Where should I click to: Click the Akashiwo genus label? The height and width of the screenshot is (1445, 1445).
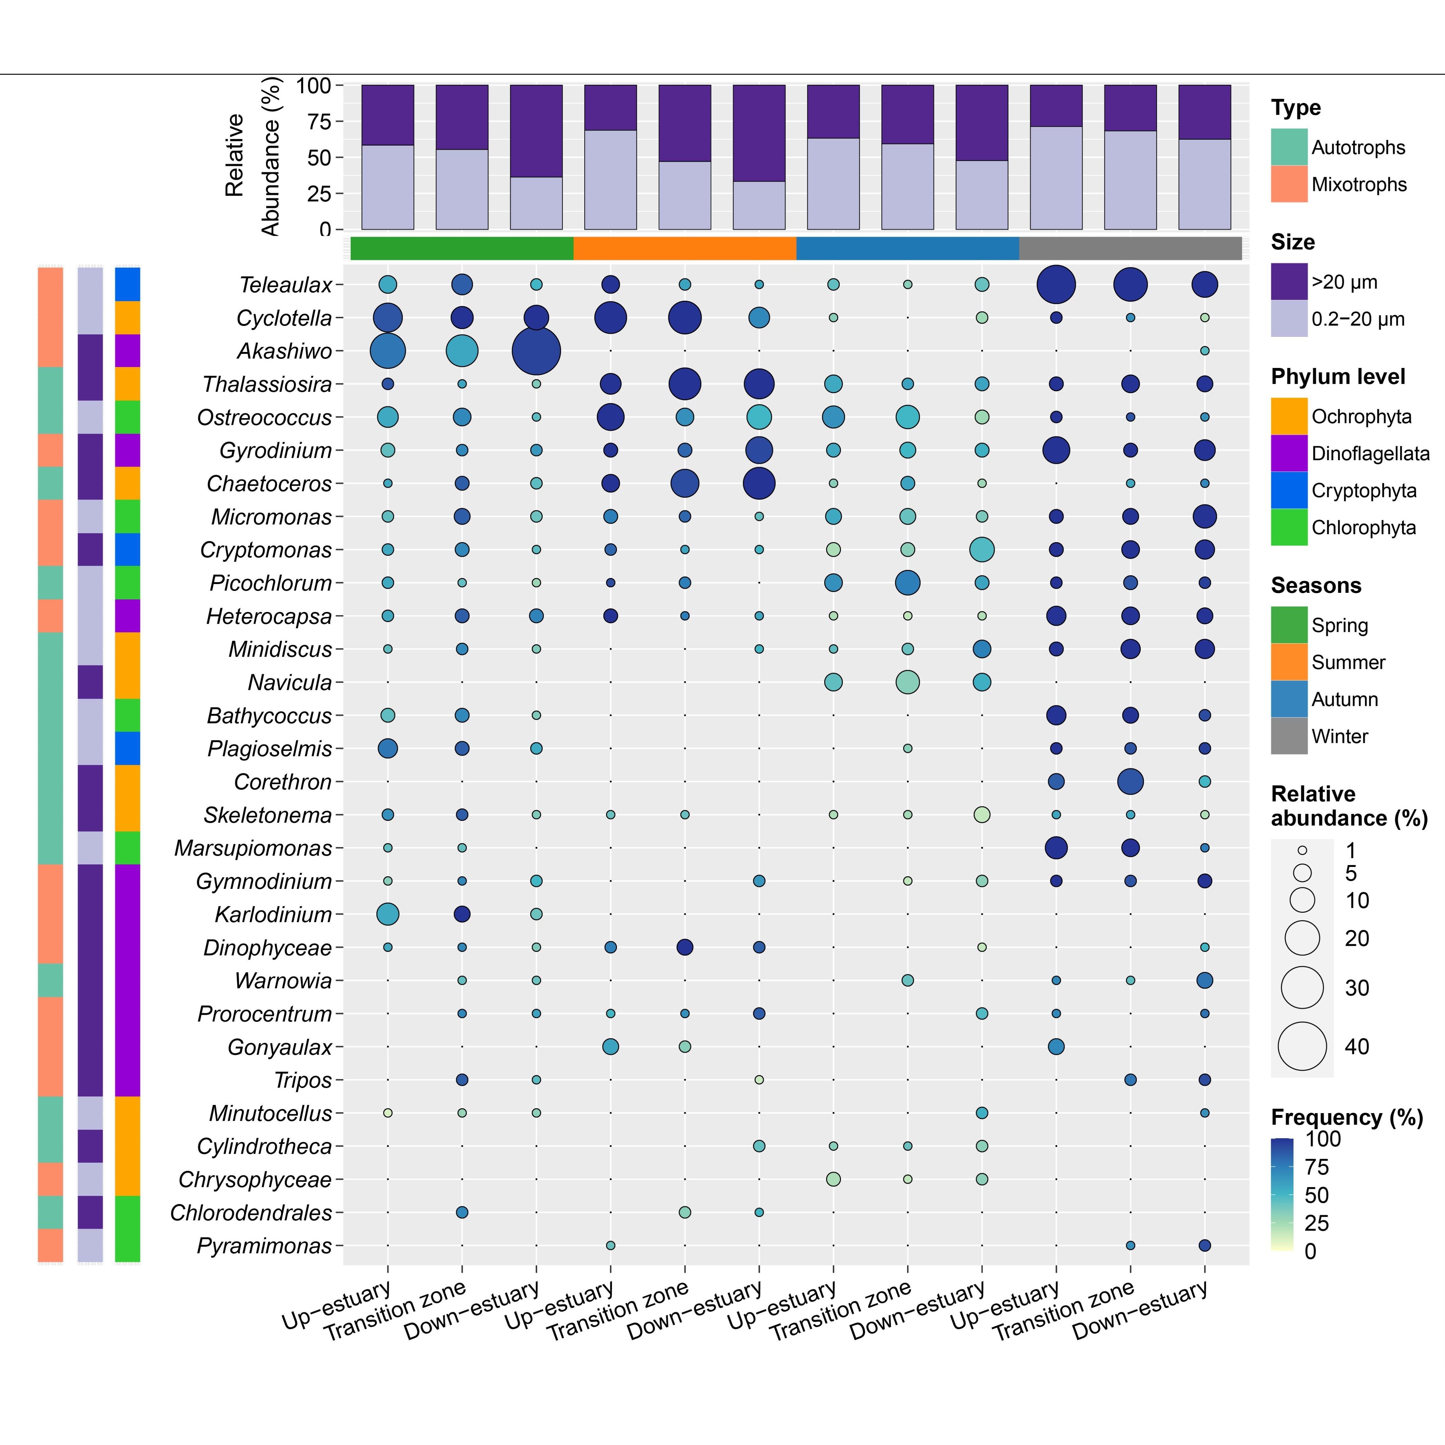[284, 351]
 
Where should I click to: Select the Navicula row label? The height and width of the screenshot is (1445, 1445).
[290, 682]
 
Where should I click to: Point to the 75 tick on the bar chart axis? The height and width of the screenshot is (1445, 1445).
[318, 121]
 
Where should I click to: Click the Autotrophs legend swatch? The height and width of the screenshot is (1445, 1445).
[1289, 147]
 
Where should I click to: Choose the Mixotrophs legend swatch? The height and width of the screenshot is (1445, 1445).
[1289, 184]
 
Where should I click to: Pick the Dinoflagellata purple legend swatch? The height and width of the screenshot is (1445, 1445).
[1289, 453]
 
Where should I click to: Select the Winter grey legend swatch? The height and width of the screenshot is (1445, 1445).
[1289, 736]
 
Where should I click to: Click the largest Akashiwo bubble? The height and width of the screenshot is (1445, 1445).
[536, 351]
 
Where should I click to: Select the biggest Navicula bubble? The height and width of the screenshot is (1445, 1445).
[907, 682]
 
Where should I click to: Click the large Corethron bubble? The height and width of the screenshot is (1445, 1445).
[1130, 782]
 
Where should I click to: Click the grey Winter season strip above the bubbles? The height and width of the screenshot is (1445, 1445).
[1130, 248]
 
